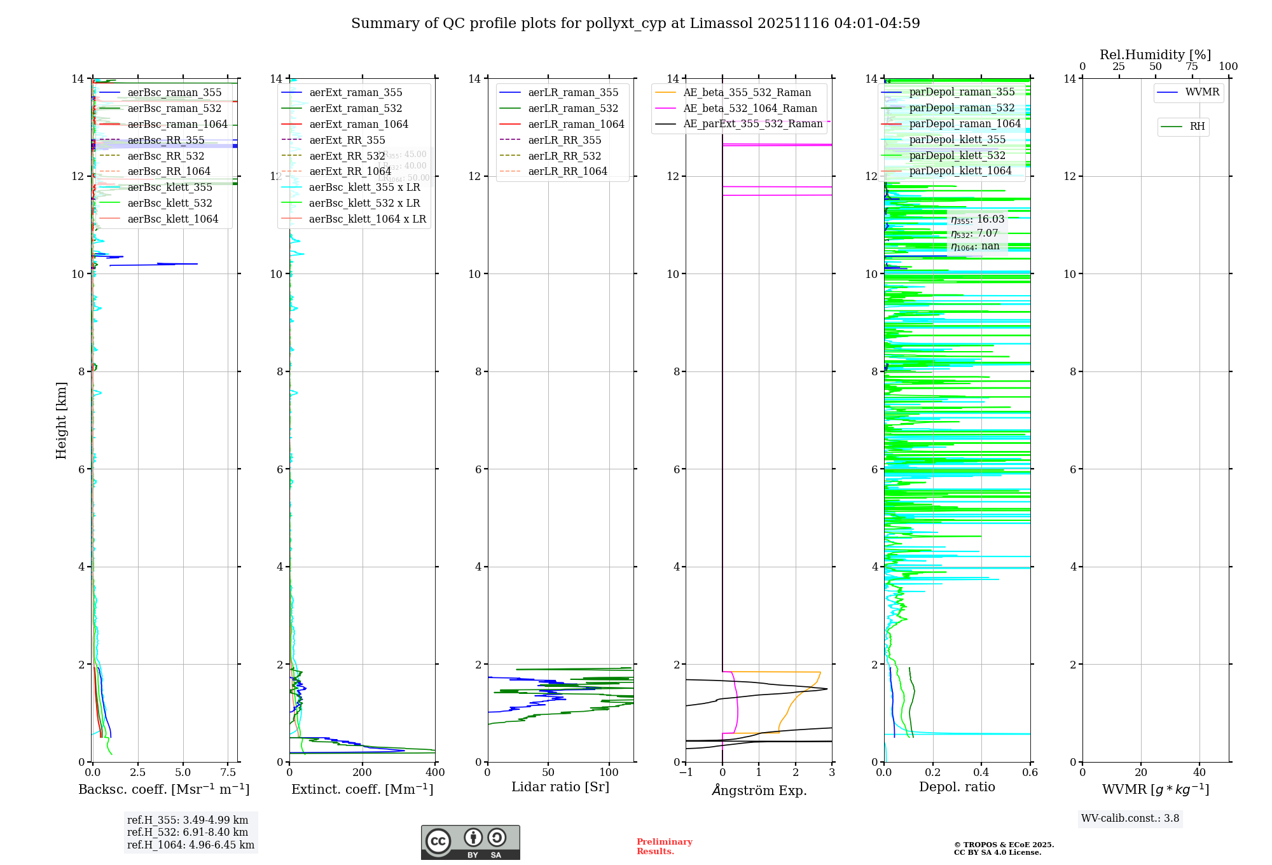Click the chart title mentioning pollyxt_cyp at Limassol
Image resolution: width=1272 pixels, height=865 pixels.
[x=635, y=24]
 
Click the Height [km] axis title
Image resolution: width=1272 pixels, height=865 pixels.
[x=61, y=420]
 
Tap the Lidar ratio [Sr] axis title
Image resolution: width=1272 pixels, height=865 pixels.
[x=560, y=787]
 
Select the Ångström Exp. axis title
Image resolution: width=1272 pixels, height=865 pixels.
[x=759, y=790]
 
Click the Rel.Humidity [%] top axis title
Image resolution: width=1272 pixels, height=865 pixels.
[x=1155, y=55]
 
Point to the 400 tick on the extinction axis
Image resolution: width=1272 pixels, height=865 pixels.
[x=435, y=773]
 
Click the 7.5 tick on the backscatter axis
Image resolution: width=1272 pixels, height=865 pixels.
[x=228, y=773]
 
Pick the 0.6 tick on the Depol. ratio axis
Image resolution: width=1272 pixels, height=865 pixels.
[x=1030, y=773]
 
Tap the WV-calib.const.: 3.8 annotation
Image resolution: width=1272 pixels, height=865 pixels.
[x=1130, y=819]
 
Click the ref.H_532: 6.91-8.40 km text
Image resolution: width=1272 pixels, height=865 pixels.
[x=188, y=833]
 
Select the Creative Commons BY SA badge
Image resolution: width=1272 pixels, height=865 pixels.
[x=470, y=842]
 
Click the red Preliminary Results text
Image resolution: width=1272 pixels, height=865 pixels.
[x=664, y=847]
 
